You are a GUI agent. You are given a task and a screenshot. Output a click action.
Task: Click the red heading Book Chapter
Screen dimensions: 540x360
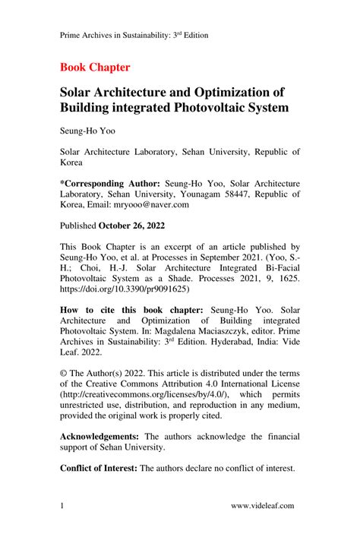[95, 67]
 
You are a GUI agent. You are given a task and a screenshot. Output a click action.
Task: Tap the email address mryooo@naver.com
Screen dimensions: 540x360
[151, 204]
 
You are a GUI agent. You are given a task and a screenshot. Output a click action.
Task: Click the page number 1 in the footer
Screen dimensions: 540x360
[62, 506]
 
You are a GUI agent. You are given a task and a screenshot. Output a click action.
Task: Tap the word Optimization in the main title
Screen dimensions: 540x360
[226, 92]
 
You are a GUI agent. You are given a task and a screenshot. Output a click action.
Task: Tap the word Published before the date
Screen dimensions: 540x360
[77, 226]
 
